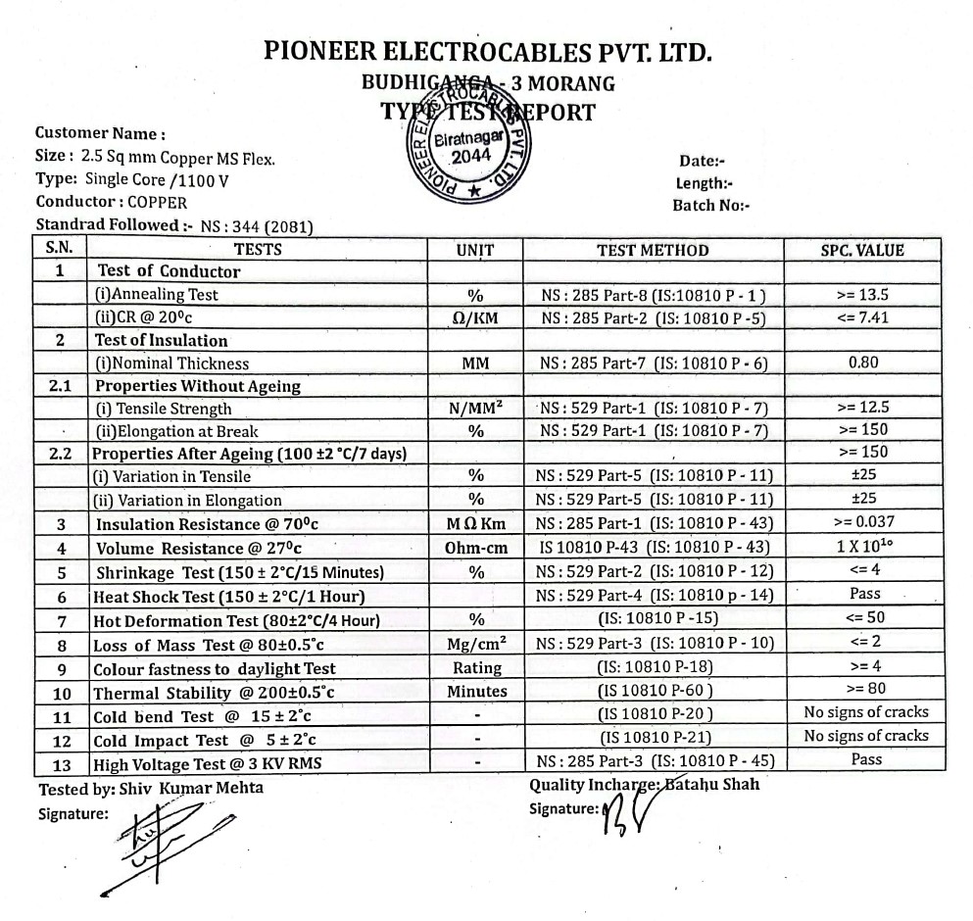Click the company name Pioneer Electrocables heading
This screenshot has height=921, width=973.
click(x=487, y=52)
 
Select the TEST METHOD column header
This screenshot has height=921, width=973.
click(x=653, y=250)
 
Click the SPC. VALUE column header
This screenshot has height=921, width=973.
click(x=862, y=250)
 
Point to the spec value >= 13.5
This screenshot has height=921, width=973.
click(x=862, y=294)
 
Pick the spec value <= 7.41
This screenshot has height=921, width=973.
click(x=862, y=317)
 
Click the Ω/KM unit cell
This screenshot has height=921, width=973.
click(x=475, y=317)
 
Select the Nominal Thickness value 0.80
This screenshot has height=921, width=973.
click(x=862, y=363)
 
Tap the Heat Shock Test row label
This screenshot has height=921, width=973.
click(x=228, y=597)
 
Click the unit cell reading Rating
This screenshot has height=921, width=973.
click(x=476, y=668)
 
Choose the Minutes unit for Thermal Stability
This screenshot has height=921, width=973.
click(x=476, y=692)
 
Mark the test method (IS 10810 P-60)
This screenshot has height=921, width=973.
click(x=655, y=692)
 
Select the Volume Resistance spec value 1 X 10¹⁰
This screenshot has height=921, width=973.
click(x=863, y=547)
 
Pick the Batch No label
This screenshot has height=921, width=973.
click(x=710, y=206)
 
